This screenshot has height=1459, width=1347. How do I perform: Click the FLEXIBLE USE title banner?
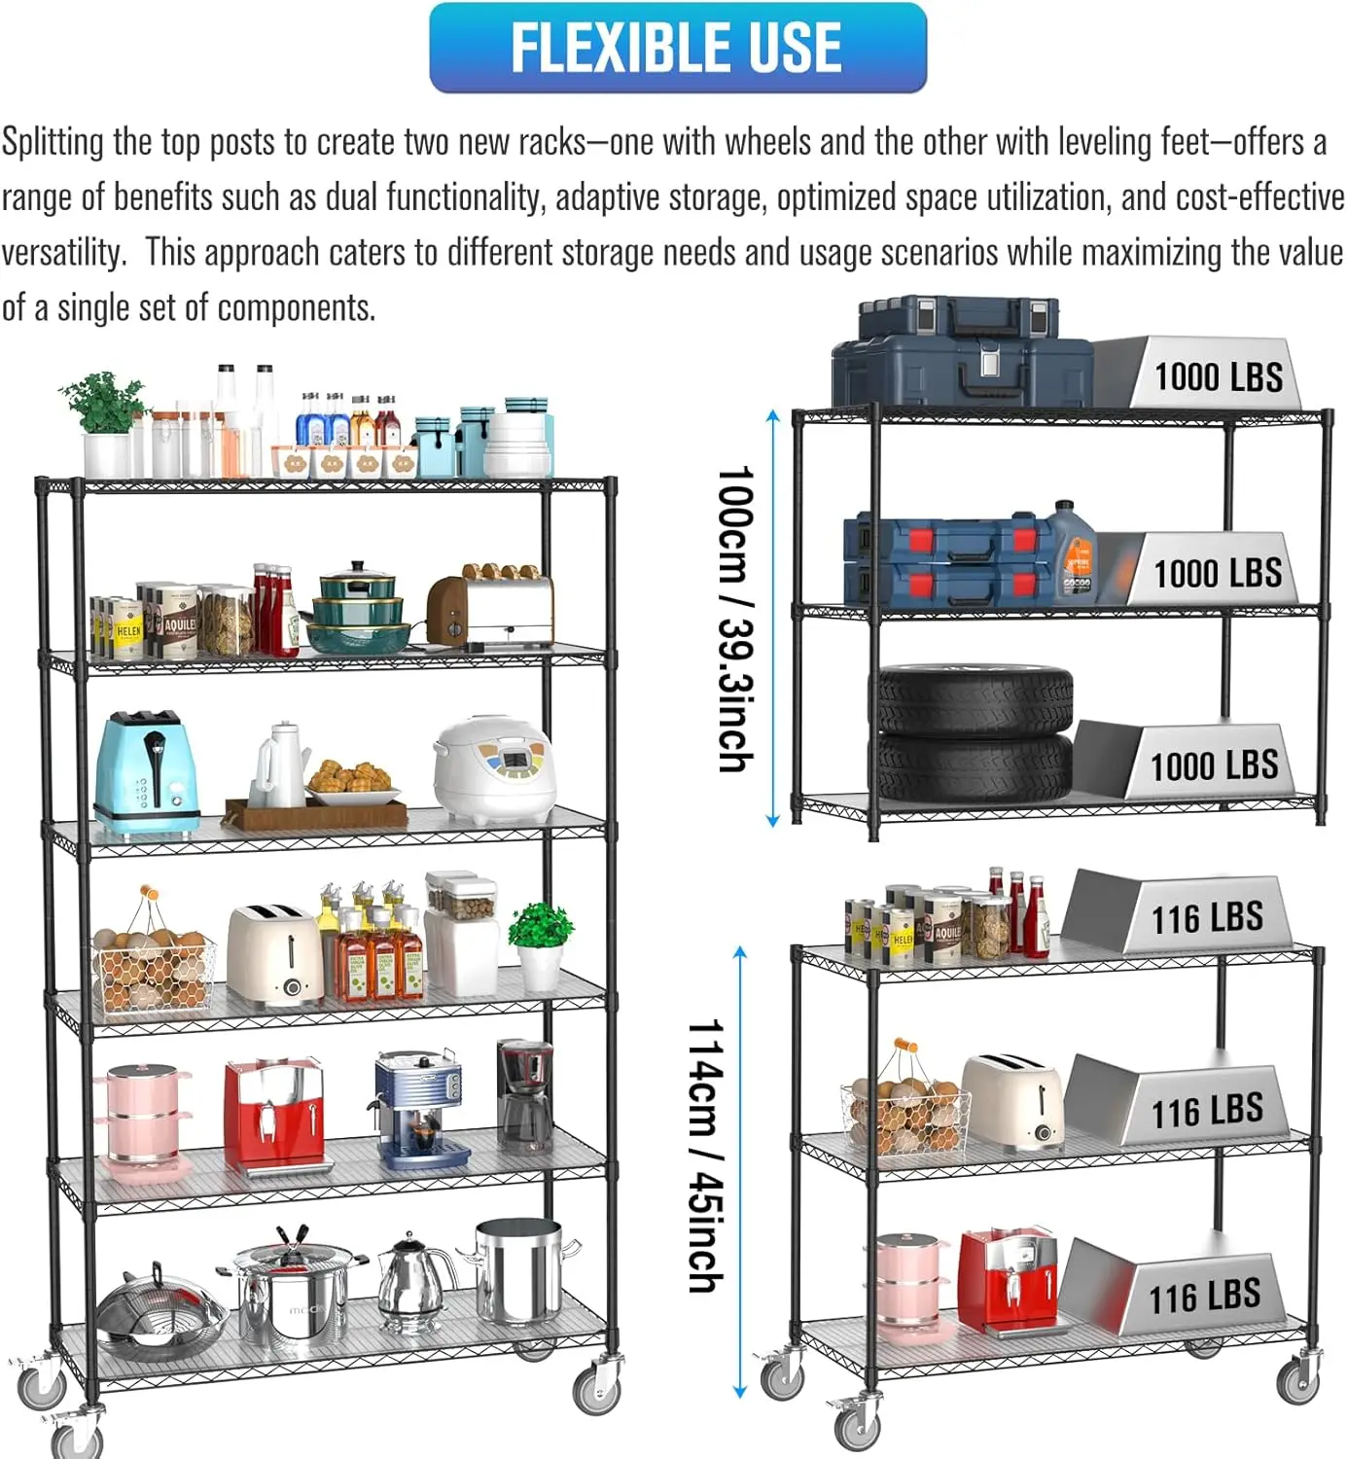[x=677, y=47]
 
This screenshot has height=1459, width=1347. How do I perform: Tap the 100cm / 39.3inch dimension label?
[x=735, y=619]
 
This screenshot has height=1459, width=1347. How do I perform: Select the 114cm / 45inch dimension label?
[x=706, y=1156]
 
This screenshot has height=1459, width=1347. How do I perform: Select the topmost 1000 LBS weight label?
[x=1218, y=376]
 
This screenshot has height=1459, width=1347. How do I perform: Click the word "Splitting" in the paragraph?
[x=53, y=142]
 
